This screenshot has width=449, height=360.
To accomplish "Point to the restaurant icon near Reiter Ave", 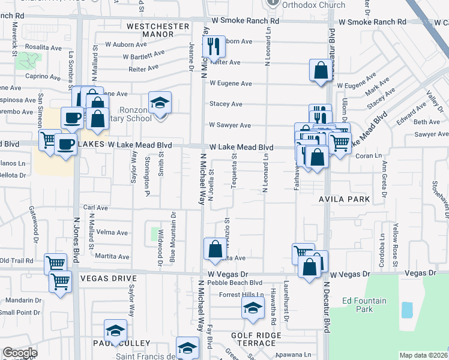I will point(213,46).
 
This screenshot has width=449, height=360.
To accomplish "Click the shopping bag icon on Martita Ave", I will point(215,249).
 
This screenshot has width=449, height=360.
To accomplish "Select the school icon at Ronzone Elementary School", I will point(160,103).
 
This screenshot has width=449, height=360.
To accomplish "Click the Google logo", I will point(19,353).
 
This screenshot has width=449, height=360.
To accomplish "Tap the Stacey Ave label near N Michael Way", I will point(226,104).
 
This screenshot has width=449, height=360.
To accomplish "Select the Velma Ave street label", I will point(112,232).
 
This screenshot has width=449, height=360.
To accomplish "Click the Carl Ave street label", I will point(95,208).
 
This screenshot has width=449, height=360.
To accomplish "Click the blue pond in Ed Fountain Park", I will point(407,310).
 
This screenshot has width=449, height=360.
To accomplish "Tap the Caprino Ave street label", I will point(43,77).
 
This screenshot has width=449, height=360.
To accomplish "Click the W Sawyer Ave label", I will point(230,125).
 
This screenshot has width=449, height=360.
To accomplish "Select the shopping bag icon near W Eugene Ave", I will point(321,70).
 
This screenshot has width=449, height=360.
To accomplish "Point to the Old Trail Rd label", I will point(16,260).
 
